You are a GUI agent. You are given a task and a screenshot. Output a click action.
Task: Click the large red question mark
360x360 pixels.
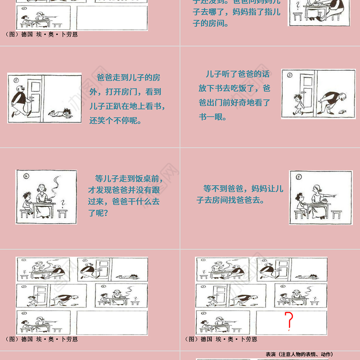(x=290, y=320)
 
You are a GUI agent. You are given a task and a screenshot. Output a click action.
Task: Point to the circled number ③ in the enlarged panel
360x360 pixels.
(x=289, y=76)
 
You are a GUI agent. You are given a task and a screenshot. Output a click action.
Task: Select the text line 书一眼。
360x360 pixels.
(x=213, y=117)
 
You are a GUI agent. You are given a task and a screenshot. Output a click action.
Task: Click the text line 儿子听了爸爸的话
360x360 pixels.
(x=237, y=74)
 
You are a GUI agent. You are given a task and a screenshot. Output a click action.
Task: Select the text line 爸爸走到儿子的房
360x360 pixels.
(x=128, y=77)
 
